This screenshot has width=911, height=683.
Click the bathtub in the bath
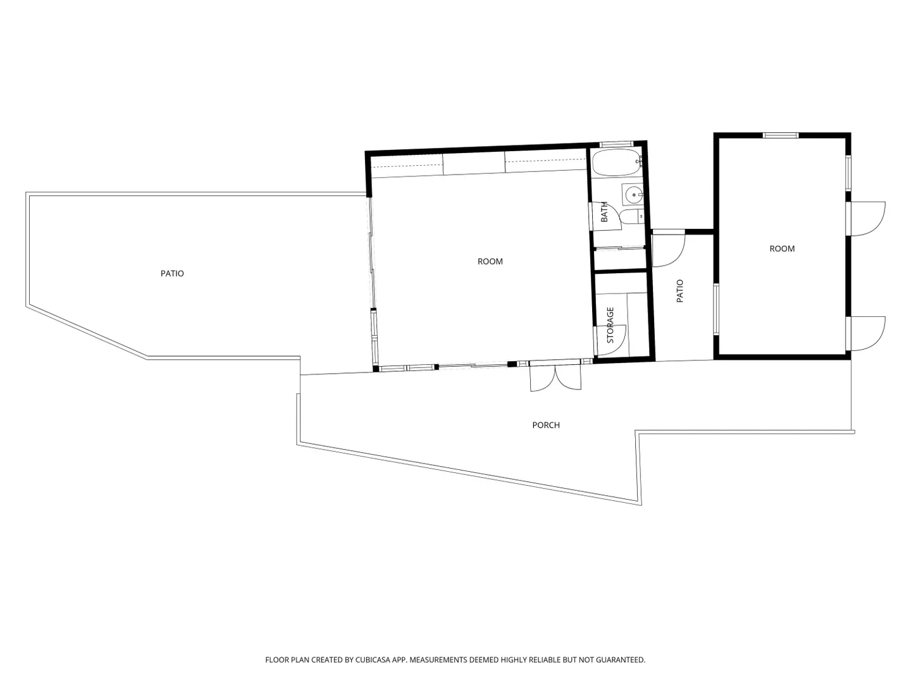[x=617, y=163]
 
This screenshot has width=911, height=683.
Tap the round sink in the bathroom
[x=633, y=194]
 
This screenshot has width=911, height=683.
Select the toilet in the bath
[x=631, y=216]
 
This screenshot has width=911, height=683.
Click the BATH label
[x=604, y=212]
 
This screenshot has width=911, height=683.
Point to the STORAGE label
[x=610, y=325]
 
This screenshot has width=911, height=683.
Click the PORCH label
[x=546, y=425]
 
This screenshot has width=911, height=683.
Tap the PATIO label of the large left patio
[x=172, y=273]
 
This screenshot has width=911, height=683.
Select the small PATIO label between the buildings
[x=680, y=291]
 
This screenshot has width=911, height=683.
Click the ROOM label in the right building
[x=782, y=249]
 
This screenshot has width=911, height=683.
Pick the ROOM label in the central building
[x=490, y=261]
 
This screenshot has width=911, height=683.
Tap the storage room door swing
[x=610, y=340]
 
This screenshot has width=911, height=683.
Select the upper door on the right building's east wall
[x=867, y=219]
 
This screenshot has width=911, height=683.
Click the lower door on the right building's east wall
[x=867, y=333]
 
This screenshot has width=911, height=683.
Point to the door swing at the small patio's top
[x=668, y=250]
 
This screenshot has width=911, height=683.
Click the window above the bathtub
[x=617, y=144]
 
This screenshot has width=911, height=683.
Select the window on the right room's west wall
[x=716, y=309]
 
